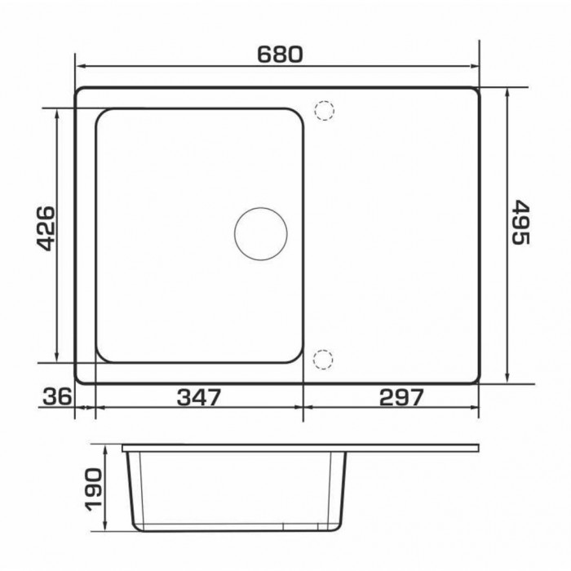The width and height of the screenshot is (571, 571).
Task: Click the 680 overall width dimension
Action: pos(280,55)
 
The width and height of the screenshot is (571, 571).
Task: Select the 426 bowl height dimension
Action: pos(46,228)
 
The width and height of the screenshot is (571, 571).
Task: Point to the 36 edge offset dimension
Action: pos(58,397)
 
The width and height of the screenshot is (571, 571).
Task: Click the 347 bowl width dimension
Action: pos(199,397)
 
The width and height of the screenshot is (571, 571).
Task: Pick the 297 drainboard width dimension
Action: pos(401,397)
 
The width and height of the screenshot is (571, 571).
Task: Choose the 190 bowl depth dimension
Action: pos(93,489)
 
